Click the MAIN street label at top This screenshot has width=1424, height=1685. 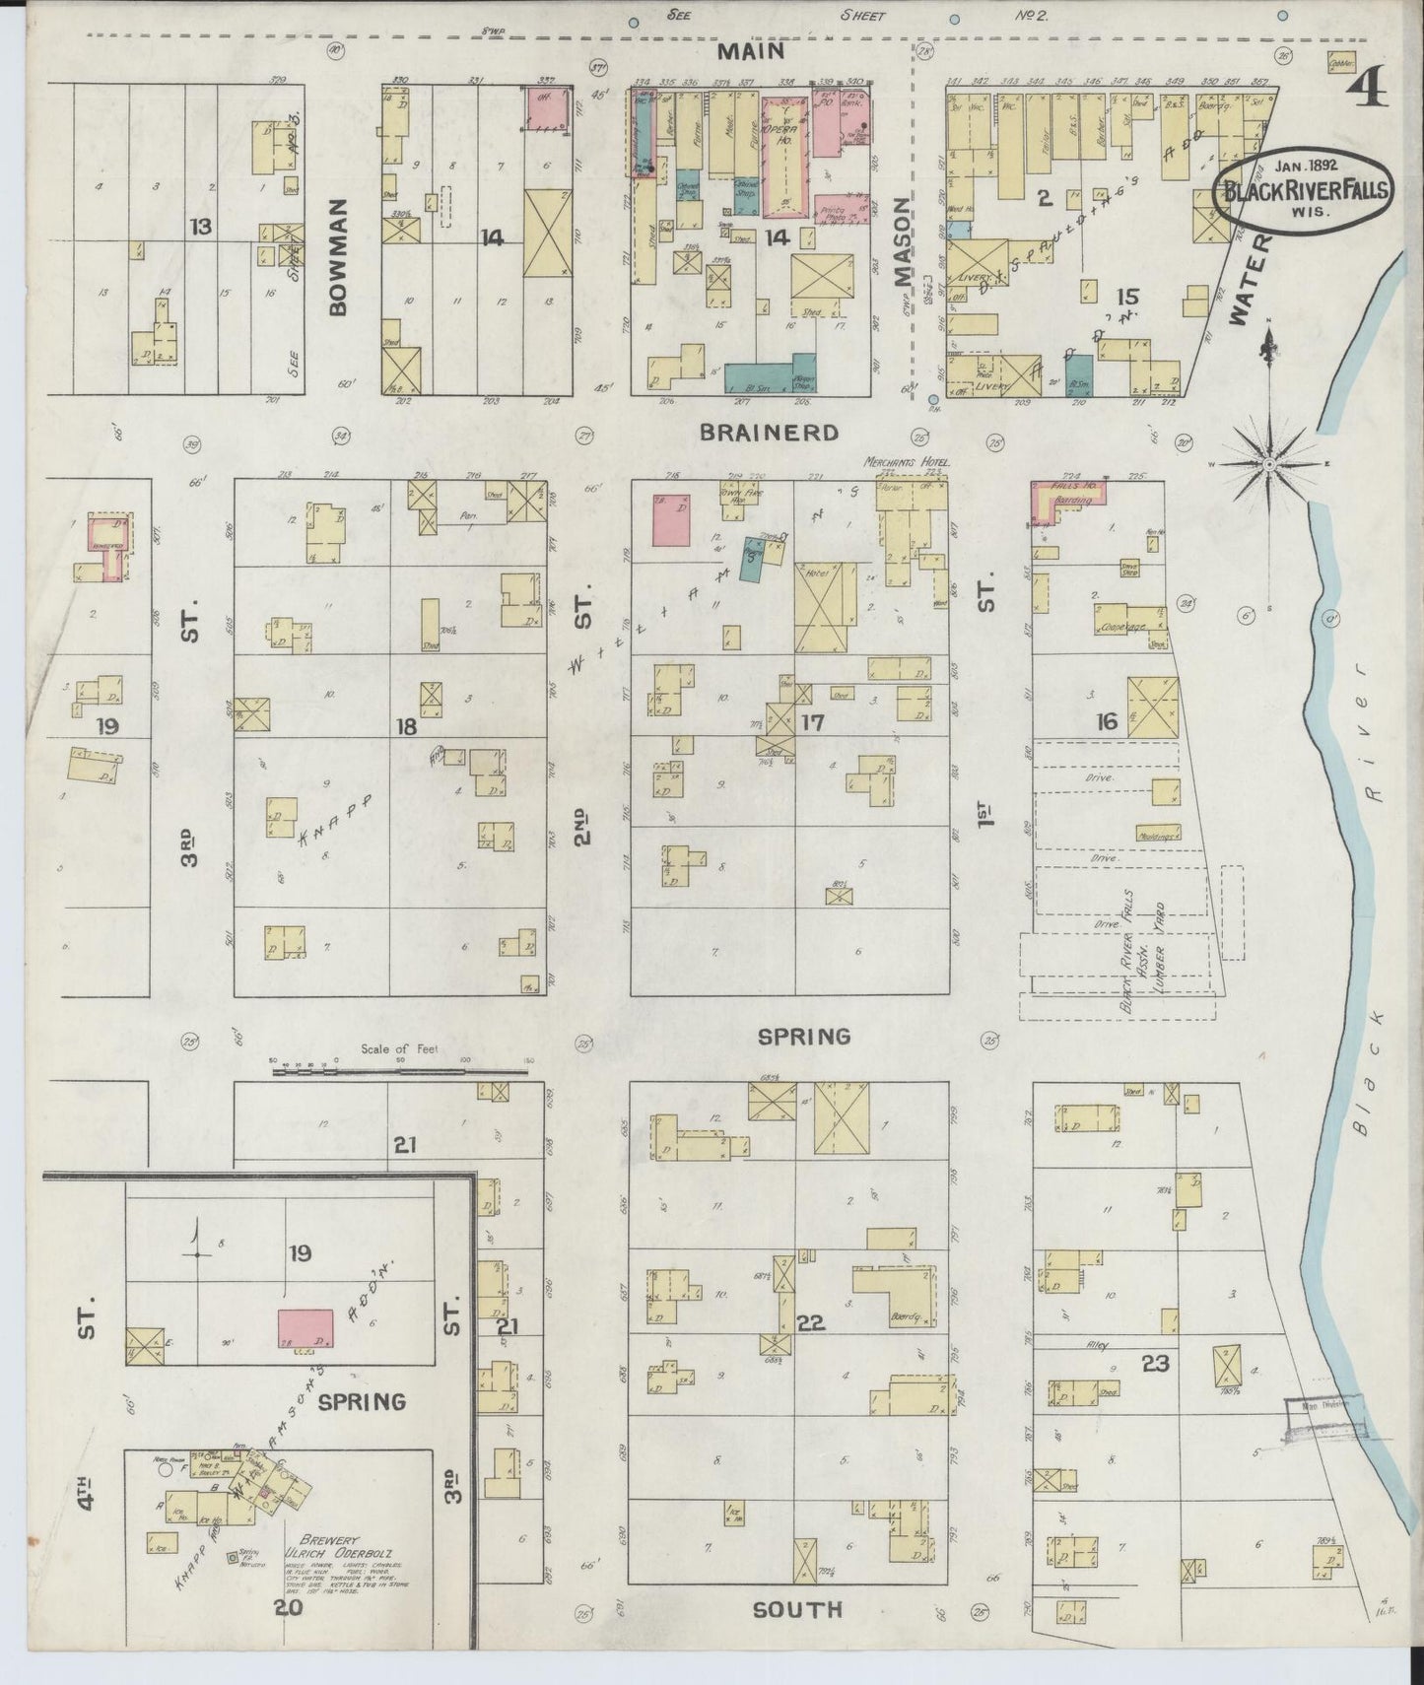[750, 50]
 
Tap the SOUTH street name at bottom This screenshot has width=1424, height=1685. [796, 1610]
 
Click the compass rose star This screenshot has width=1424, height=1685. [1270, 462]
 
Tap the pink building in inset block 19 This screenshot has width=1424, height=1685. [305, 1328]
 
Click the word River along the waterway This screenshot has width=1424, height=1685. [1364, 703]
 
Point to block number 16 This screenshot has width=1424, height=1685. [1107, 723]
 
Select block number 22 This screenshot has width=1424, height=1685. [810, 1323]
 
